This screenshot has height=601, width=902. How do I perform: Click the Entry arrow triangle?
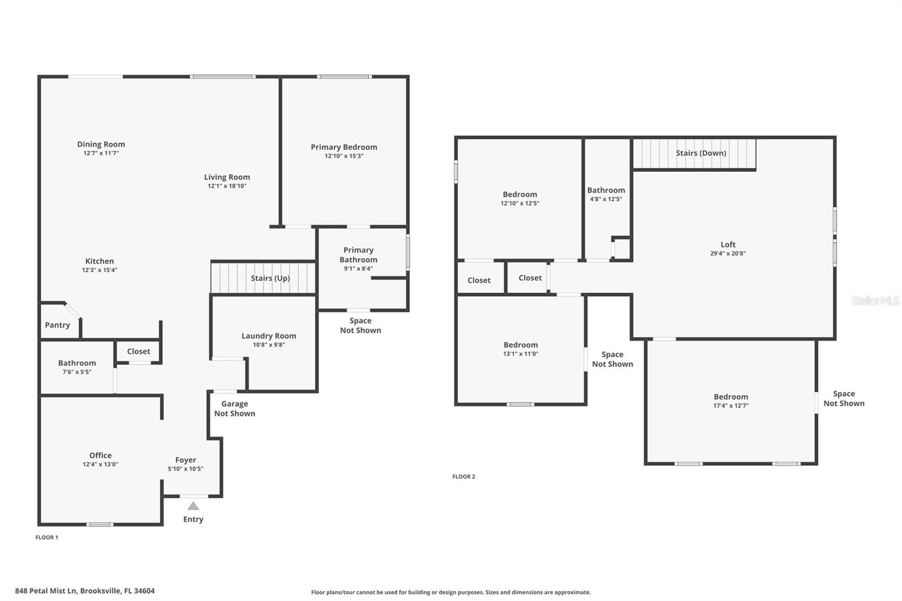[193, 506]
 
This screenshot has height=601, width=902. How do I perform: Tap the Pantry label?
[58, 325]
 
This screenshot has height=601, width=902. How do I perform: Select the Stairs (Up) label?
[270, 278]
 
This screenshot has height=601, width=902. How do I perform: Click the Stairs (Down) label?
[701, 153]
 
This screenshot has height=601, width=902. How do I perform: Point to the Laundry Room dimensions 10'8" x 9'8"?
[268, 344]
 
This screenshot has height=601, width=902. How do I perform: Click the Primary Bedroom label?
[344, 147]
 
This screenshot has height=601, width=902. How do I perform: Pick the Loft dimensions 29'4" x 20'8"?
[728, 254]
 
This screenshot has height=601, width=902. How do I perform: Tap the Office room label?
[100, 455]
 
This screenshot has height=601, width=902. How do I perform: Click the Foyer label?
[185, 459]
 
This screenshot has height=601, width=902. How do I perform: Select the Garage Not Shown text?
[235, 409]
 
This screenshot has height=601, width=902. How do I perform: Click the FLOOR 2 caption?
[463, 476]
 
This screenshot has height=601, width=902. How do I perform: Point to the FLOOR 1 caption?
[47, 537]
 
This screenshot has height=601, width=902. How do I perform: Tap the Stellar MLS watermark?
[875, 300]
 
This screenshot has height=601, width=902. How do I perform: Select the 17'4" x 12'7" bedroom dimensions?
[731, 405]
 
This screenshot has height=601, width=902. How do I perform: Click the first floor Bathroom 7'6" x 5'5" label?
[77, 363]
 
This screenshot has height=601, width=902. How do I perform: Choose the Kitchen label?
[99, 260]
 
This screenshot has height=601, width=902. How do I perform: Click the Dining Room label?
[101, 144]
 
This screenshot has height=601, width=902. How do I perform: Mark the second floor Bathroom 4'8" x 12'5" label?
[606, 190]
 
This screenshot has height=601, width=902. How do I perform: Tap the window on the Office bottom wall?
[100, 524]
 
